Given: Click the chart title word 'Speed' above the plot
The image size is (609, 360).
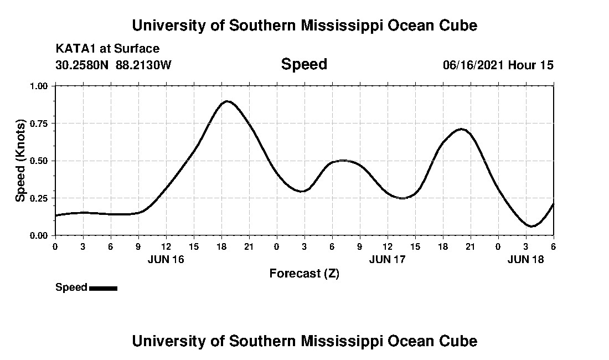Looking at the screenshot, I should click(x=304, y=64).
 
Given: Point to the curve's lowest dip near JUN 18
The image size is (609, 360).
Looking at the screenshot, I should click(x=531, y=226).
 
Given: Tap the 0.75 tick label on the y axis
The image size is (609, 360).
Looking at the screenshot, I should click(x=40, y=124).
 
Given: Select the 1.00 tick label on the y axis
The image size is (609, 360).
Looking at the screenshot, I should click(x=40, y=86).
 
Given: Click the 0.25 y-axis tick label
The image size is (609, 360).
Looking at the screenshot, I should click(x=40, y=198).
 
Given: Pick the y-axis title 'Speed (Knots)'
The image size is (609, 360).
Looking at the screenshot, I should click(x=20, y=160).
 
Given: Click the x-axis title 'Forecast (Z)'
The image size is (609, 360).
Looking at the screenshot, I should click(x=304, y=274).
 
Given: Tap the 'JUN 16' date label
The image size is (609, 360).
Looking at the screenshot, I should click(x=166, y=259).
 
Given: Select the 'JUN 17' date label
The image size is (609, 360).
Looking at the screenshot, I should click(x=388, y=259).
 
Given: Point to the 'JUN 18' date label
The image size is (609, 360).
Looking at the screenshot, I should click(x=526, y=259).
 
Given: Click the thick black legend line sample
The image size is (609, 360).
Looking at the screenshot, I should click(x=103, y=288).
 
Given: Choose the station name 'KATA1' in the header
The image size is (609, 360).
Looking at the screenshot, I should click(x=74, y=49).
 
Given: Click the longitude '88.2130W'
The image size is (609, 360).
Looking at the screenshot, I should click(x=144, y=65).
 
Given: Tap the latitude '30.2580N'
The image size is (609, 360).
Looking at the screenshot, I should click(x=82, y=65).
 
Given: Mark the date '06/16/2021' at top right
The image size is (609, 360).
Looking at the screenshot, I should click(x=473, y=65).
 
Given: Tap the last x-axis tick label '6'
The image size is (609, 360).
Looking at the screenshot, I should click(x=553, y=246).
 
